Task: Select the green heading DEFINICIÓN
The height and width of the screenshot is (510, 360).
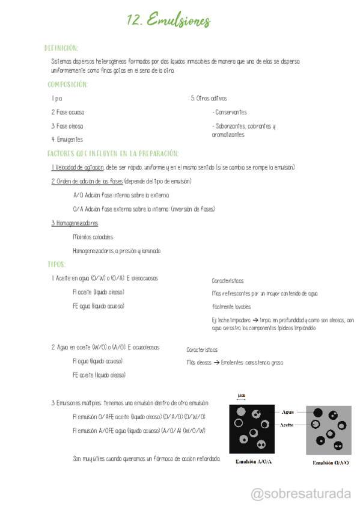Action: tap(61, 48)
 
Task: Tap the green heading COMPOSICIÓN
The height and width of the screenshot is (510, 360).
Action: tap(67, 85)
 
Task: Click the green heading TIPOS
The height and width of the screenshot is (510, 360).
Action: tap(56, 264)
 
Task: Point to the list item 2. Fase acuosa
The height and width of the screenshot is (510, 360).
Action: tap(67, 112)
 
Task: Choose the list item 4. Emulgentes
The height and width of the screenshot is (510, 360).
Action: tap(67, 140)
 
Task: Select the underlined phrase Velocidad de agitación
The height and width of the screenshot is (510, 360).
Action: tap(79, 167)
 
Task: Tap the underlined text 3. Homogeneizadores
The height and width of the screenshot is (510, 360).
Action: tap(75, 223)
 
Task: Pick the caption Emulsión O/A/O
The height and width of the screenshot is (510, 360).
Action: tap(331, 463)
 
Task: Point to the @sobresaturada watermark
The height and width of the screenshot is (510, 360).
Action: tap(300, 494)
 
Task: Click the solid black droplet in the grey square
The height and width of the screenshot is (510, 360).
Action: tap(319, 413)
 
